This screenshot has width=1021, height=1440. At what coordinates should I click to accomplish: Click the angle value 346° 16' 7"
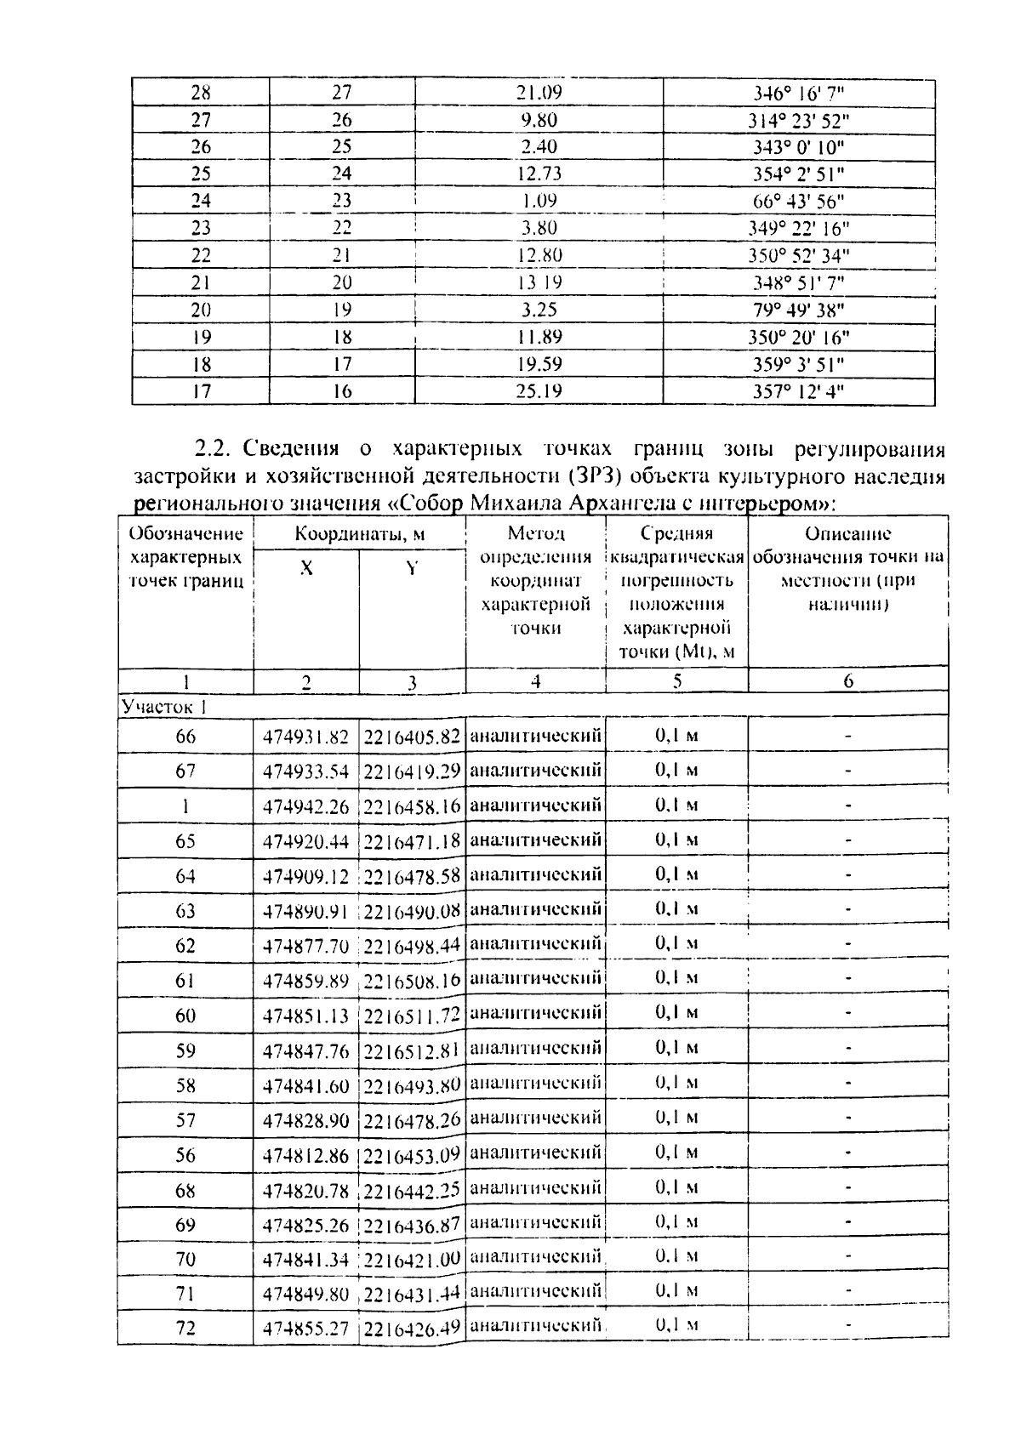799,93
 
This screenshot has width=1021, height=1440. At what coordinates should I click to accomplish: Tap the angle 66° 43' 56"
799,202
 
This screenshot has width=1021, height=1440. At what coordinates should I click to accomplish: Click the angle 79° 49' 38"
799,310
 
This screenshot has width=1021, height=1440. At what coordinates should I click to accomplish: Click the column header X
306,569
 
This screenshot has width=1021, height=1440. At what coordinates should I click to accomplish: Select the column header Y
412,569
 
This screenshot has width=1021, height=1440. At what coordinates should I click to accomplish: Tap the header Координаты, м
360,535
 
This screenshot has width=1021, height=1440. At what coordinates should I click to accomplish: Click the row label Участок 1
164,707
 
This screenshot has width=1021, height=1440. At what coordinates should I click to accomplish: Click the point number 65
185,841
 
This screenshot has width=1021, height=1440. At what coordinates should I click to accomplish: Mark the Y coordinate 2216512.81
412,1051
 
